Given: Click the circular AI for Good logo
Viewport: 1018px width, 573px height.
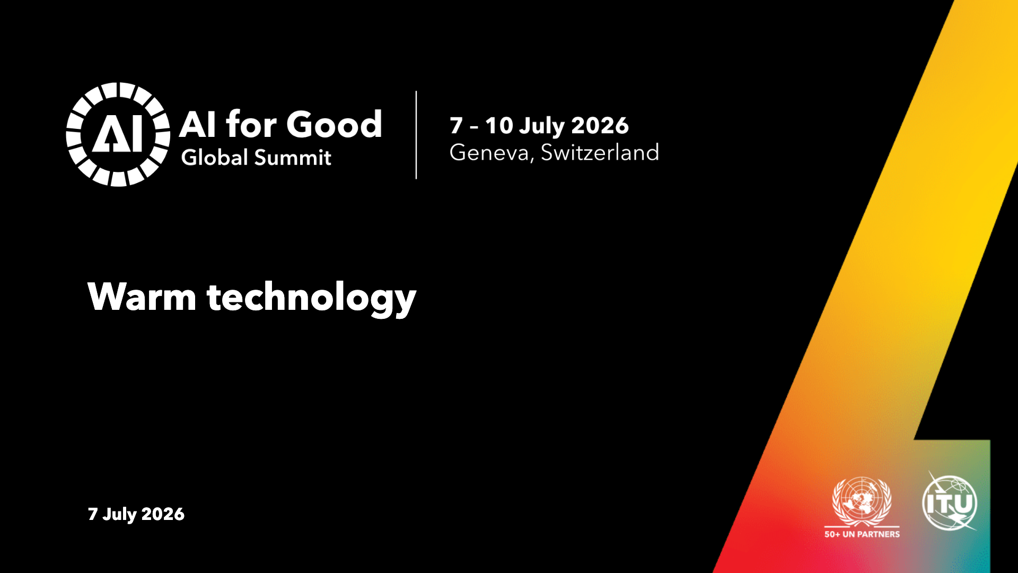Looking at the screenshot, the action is click(118, 134).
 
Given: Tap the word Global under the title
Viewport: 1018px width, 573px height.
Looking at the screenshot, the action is click(214, 157).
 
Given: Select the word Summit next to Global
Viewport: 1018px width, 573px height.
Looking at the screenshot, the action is click(293, 158).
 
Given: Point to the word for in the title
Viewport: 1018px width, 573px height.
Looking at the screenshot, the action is click(252, 124).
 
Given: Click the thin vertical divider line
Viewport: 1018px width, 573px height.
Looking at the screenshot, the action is click(416, 135).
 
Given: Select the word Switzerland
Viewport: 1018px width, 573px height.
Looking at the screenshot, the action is click(600, 152).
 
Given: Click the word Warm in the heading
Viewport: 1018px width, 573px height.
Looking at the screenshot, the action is click(142, 297).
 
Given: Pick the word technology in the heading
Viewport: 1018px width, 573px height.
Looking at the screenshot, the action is click(312, 298).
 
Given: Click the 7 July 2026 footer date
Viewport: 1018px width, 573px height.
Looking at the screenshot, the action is click(136, 514).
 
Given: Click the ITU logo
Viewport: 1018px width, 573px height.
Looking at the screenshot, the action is click(950, 502).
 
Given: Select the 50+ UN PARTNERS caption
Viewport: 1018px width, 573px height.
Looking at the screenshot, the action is click(862, 534).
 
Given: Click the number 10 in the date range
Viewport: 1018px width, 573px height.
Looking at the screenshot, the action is click(499, 126).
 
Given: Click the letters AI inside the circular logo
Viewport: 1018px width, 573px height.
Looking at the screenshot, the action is click(118, 134).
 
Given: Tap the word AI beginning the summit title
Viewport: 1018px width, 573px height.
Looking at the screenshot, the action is click(198, 125).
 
